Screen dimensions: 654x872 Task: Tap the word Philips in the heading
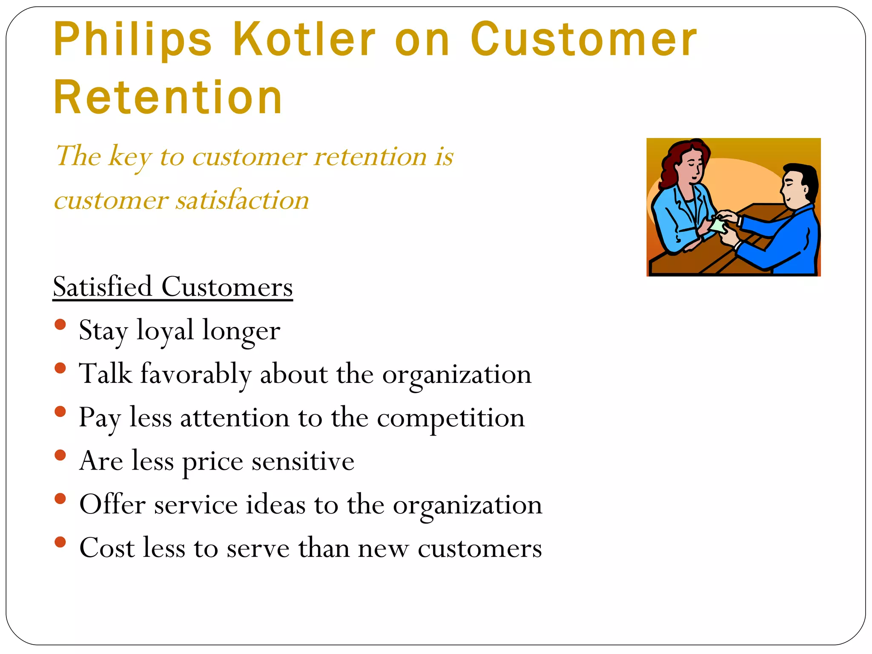click(x=132, y=39)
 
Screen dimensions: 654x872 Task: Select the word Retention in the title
click(x=168, y=98)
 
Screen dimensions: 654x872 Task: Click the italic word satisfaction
click(x=243, y=200)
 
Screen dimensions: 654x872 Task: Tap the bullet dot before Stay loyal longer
click(x=60, y=324)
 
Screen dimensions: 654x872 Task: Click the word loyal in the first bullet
click(x=165, y=331)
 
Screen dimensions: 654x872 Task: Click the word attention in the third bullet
click(x=235, y=418)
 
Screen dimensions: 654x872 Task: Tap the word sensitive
click(x=303, y=461)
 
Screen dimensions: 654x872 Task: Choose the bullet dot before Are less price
click(x=60, y=455)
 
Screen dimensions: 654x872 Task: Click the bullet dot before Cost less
click(x=60, y=542)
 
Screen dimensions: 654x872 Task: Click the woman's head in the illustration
click(x=688, y=162)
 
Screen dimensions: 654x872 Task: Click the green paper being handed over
click(x=719, y=224)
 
